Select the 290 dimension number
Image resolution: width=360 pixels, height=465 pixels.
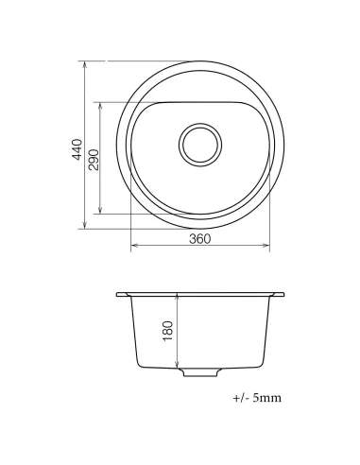(94, 157)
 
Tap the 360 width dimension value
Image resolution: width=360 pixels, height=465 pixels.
(199, 239)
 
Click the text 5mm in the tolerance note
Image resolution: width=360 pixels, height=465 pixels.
(266, 398)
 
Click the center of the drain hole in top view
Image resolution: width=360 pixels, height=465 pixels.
(199, 145)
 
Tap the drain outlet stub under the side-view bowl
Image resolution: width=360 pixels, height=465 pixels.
(199, 372)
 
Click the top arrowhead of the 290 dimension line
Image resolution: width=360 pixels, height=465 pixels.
(101, 104)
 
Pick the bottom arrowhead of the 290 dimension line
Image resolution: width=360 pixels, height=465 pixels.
(101, 212)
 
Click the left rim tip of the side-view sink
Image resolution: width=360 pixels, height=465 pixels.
(118, 295)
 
